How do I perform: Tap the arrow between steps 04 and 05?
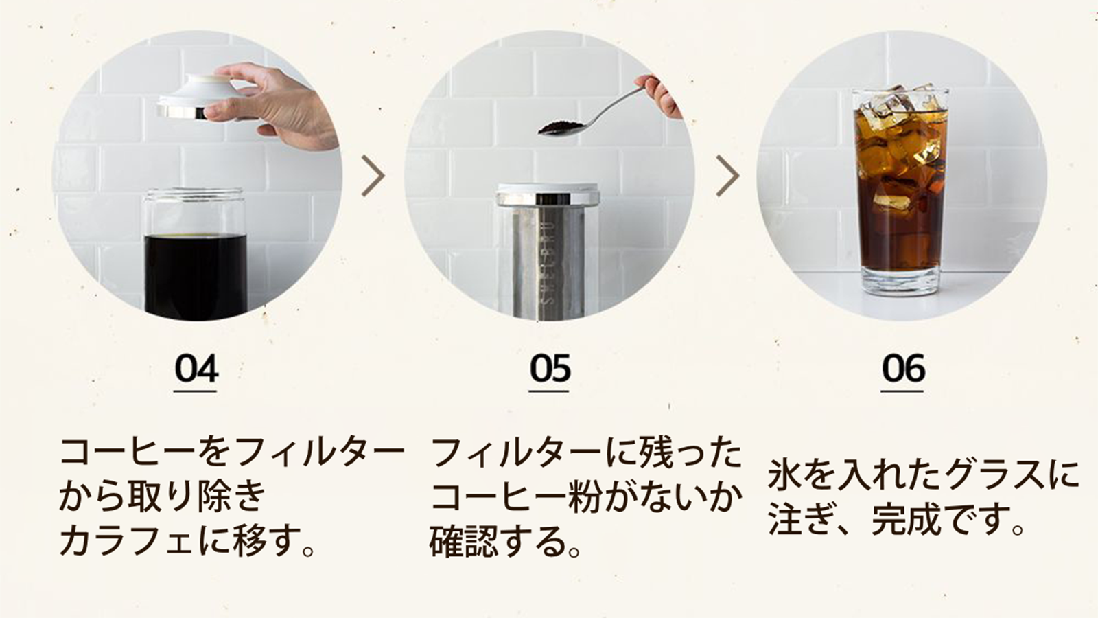373,176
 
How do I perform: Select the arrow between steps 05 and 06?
727,176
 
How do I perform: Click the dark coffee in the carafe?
196,275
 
